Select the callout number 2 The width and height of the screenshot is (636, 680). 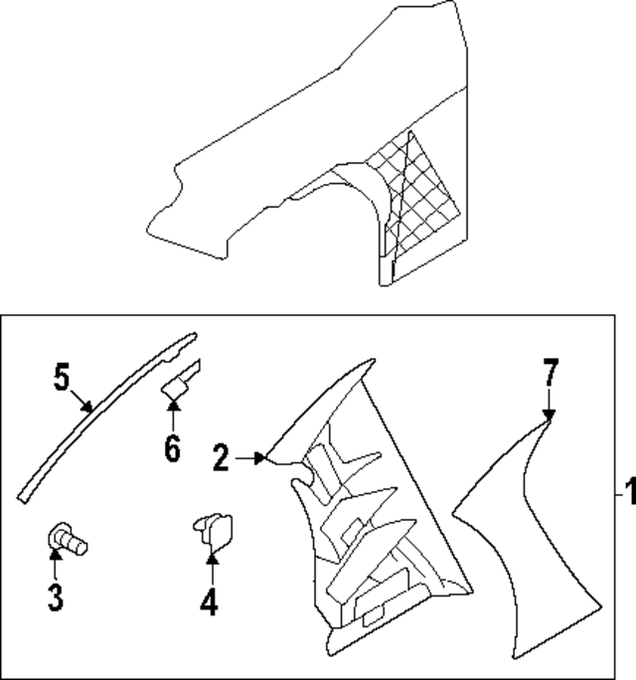221,457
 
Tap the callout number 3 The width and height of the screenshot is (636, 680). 55,596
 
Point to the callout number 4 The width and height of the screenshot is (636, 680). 209,601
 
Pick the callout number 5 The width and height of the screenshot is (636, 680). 62,379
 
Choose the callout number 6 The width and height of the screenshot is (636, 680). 173,449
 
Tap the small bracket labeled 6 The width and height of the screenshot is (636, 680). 179,383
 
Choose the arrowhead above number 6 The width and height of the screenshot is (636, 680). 173,406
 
